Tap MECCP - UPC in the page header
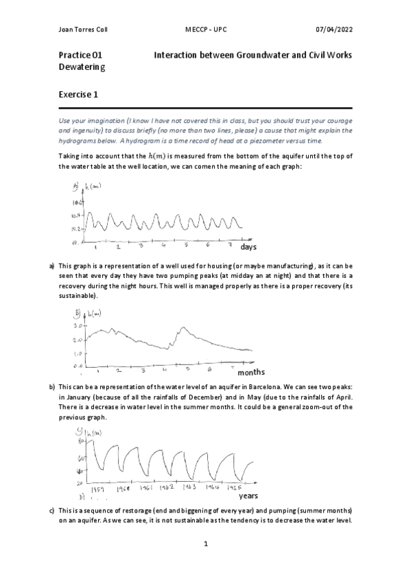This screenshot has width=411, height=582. pos(205,30)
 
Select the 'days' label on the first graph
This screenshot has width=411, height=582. pos(248,246)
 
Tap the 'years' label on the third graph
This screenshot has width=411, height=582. pos(248,494)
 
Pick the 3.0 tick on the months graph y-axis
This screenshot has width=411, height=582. pos(77,326)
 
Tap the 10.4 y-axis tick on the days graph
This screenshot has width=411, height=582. pos(75,216)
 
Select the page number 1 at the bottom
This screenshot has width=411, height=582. pos(205,544)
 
